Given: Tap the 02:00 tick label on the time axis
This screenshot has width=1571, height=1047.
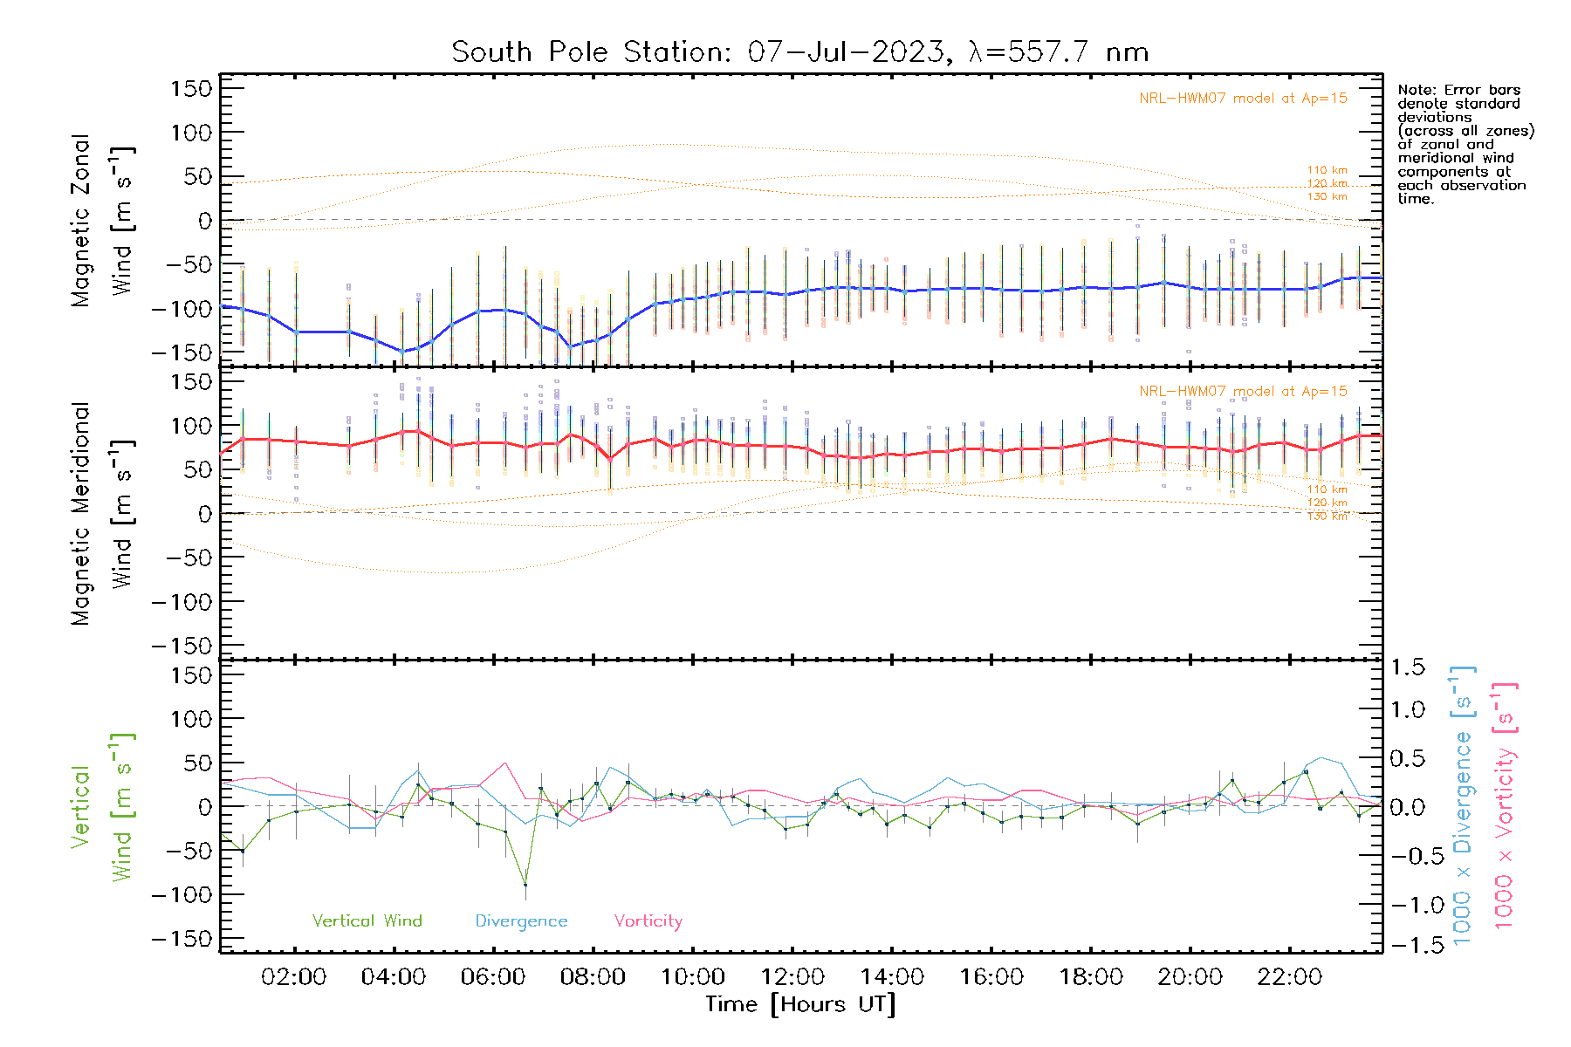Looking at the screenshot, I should pos(294,977).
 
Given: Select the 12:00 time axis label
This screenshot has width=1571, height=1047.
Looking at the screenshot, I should pos(792,977).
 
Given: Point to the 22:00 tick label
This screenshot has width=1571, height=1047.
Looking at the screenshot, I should pos(1290,977).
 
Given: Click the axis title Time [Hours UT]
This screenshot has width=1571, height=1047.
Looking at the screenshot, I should pos(800,1005).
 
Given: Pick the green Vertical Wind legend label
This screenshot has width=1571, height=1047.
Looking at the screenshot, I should pos(367,921).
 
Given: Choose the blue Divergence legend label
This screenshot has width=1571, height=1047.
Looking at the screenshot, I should pos(521,921).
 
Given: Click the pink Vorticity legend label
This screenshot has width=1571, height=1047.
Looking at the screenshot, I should pos(648,921).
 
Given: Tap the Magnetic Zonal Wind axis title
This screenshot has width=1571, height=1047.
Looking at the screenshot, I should pos(103,221).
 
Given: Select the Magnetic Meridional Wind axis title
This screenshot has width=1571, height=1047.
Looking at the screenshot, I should pos(103,514).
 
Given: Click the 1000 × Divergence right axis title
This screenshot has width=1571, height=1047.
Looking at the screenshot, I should pos(1463,806).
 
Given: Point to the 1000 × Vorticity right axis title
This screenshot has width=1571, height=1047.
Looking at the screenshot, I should pos(1504,806).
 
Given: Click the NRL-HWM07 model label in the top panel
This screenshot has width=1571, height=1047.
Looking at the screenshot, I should pos(1243,99).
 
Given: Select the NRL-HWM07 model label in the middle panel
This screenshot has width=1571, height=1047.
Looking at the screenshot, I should pos(1243,392).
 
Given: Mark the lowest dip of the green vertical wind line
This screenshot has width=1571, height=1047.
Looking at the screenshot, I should pos(525,885).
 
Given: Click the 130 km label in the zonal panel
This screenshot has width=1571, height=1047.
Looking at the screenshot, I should pos(1327,197).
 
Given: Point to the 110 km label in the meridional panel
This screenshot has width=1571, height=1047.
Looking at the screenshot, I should pos(1327,489).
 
